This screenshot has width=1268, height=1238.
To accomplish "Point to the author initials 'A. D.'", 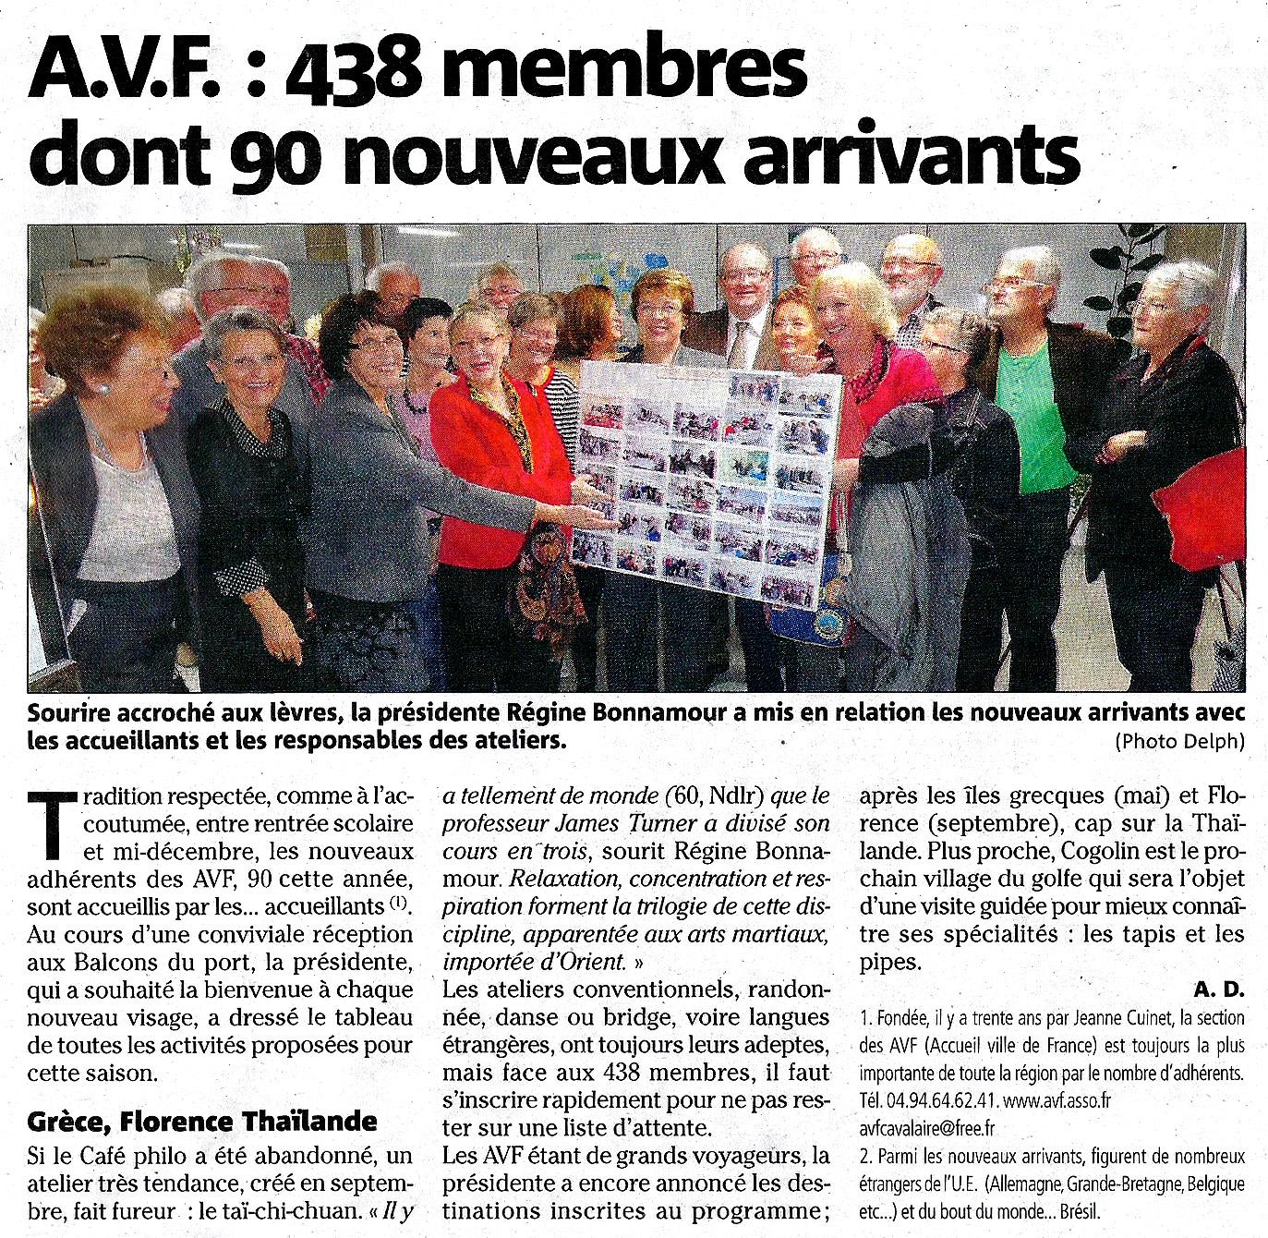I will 1220,989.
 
